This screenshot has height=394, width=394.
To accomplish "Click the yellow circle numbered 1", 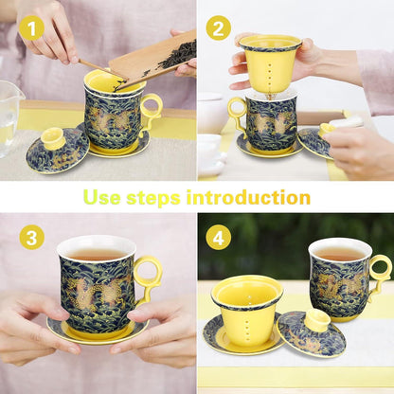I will (31, 28).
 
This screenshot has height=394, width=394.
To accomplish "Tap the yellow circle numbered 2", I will (219, 28).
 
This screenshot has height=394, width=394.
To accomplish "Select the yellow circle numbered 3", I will (31, 237).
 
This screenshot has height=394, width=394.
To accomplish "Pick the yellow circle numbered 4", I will (219, 237).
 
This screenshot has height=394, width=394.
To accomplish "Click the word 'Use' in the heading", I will (101, 197).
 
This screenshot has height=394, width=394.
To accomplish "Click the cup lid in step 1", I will (57, 151).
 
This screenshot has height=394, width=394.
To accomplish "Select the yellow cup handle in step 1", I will (151, 112).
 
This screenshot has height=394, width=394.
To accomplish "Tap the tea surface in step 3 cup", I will (97, 254).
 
